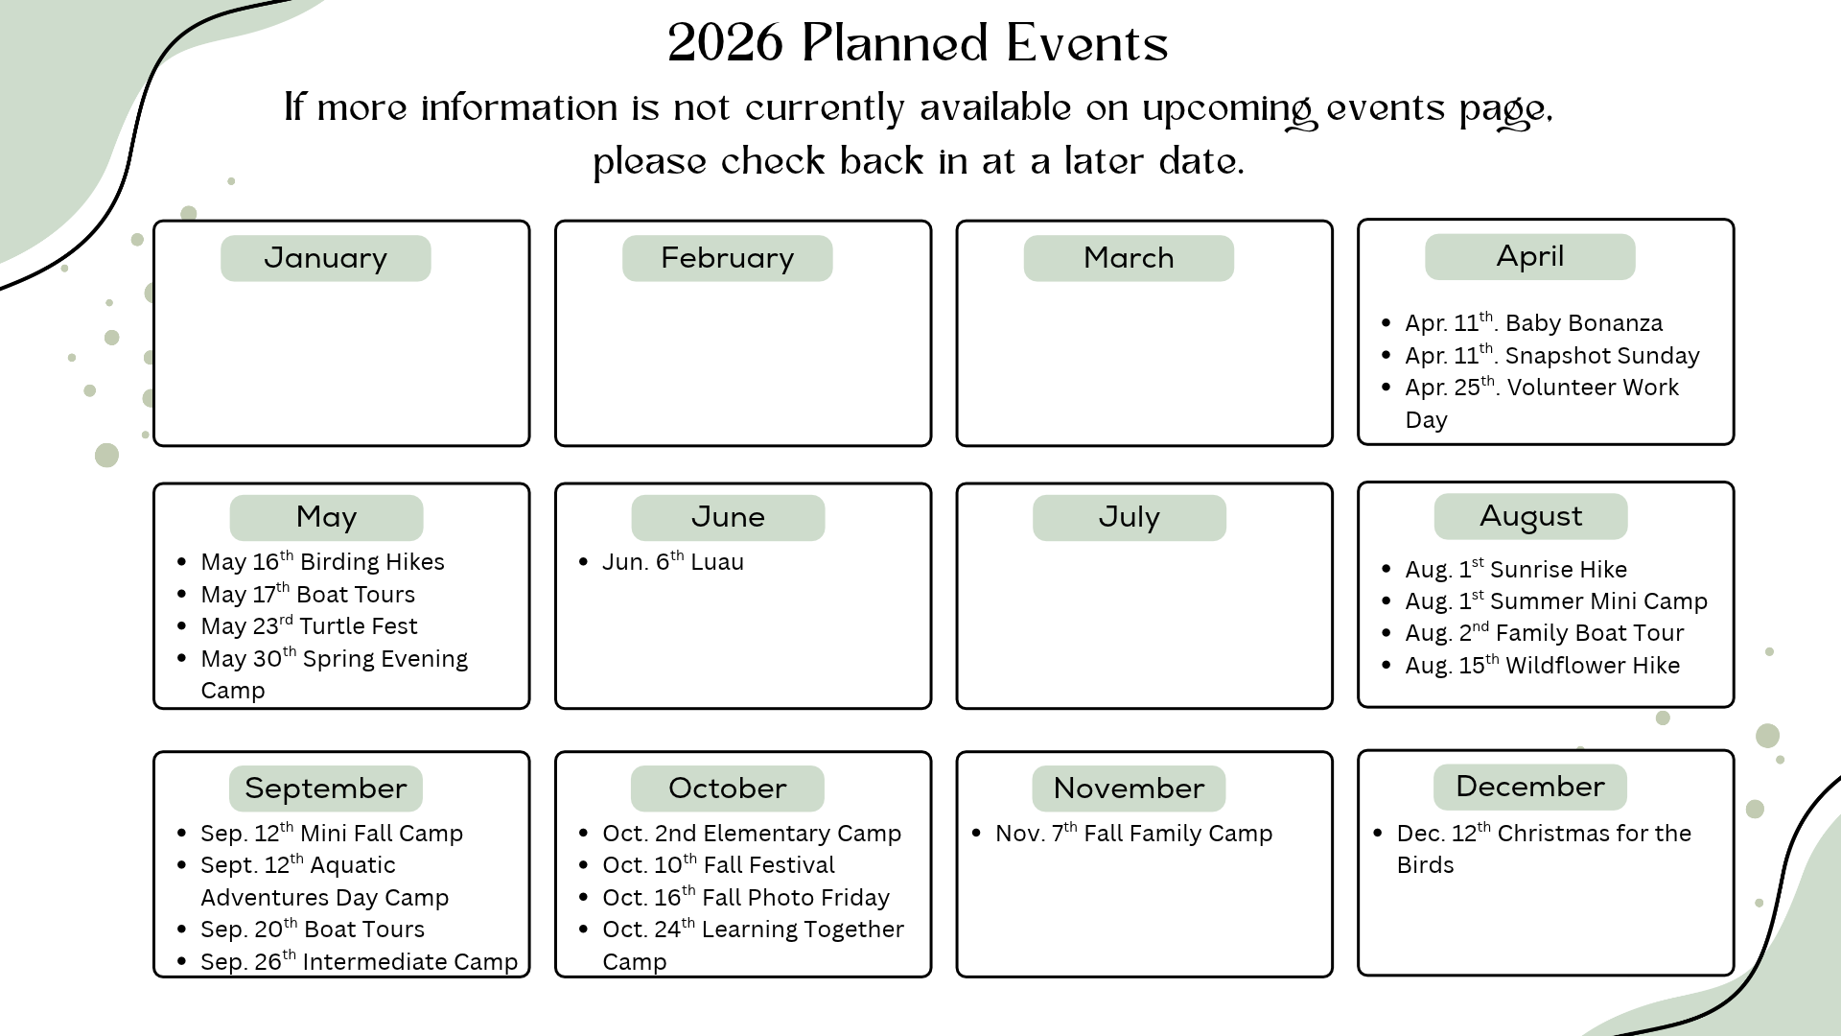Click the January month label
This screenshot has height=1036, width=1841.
[326, 258]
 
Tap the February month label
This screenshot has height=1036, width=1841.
[728, 258]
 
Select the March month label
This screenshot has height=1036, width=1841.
[1129, 258]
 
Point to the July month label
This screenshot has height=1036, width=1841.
[1130, 517]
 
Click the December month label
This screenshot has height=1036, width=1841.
[1530, 787]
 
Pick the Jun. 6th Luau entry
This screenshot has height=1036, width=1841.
[672, 561]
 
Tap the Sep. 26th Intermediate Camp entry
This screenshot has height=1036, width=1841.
[359, 961]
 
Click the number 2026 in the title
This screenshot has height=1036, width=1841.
[726, 43]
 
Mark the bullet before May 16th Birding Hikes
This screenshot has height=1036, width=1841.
[182, 562]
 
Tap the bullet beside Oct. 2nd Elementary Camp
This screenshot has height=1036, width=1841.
[584, 834]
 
